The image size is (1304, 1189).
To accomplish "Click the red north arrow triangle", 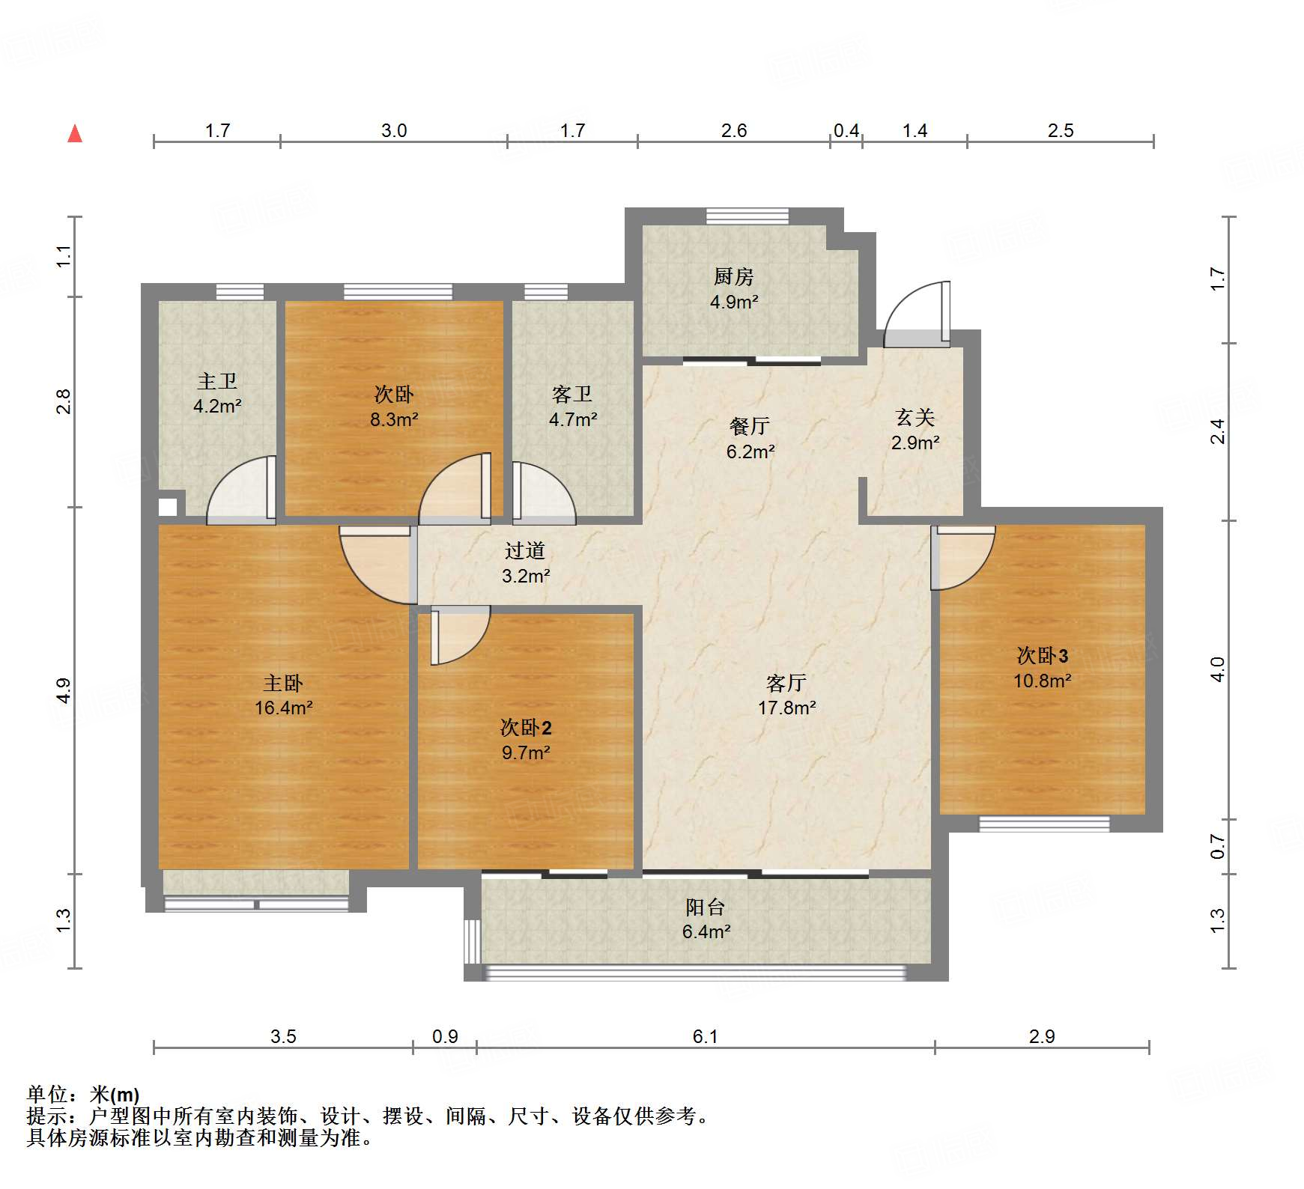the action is click(x=75, y=133).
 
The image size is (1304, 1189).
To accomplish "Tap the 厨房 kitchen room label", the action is click(x=733, y=277).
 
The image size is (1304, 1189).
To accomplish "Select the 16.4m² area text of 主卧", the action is click(x=283, y=708).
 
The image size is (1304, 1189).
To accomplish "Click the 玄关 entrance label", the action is click(x=915, y=417).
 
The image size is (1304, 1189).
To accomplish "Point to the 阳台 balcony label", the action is click(x=706, y=907).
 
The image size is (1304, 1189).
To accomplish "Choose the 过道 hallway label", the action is click(x=524, y=551).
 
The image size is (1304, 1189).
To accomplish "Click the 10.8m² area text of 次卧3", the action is click(x=1042, y=681).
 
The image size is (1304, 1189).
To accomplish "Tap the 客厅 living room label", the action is click(x=786, y=683).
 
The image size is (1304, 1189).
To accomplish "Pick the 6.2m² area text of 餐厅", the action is click(x=750, y=451).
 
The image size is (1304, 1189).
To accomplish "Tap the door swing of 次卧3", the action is click(x=963, y=558).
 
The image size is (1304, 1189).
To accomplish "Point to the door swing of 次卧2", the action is click(x=461, y=635).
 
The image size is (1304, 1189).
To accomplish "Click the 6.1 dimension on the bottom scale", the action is click(x=705, y=1036).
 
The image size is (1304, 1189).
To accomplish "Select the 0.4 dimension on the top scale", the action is click(x=846, y=130).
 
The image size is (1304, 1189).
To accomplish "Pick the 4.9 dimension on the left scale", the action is click(x=64, y=690).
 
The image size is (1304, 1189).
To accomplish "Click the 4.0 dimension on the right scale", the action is click(x=1218, y=669).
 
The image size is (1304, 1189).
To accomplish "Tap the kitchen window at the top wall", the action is click(x=747, y=216).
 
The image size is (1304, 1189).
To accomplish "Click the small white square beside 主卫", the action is click(x=168, y=507).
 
